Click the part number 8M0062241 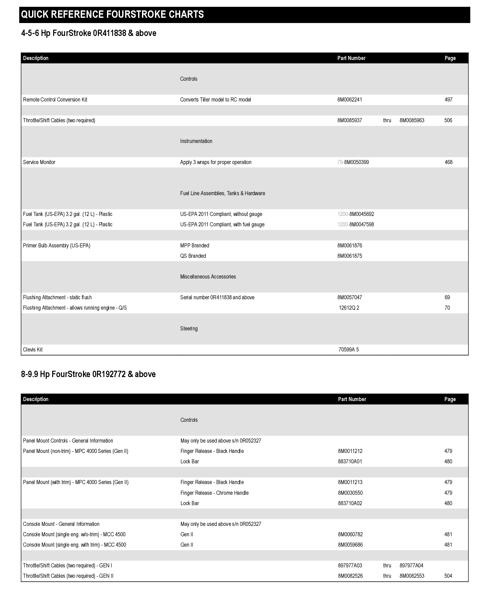[x=349, y=100]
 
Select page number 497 [x=448, y=100]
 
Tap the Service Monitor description [x=39, y=162]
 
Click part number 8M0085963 [x=412, y=120]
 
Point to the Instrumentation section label [x=196, y=141]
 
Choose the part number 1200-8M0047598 [x=356, y=224]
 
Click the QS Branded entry [x=193, y=256]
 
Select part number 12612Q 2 [x=349, y=308]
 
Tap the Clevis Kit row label [x=33, y=350]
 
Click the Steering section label [x=189, y=328]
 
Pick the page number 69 [x=447, y=297]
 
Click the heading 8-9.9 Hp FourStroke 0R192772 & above [x=88, y=374]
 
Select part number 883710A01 [x=350, y=461]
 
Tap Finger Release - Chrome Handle [x=214, y=493]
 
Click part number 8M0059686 [x=350, y=545]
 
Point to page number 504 [x=448, y=576]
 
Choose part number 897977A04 [x=411, y=565]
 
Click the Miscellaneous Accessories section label [x=208, y=277]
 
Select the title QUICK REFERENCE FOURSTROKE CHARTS [x=112, y=15]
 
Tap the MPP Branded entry [x=194, y=245]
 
